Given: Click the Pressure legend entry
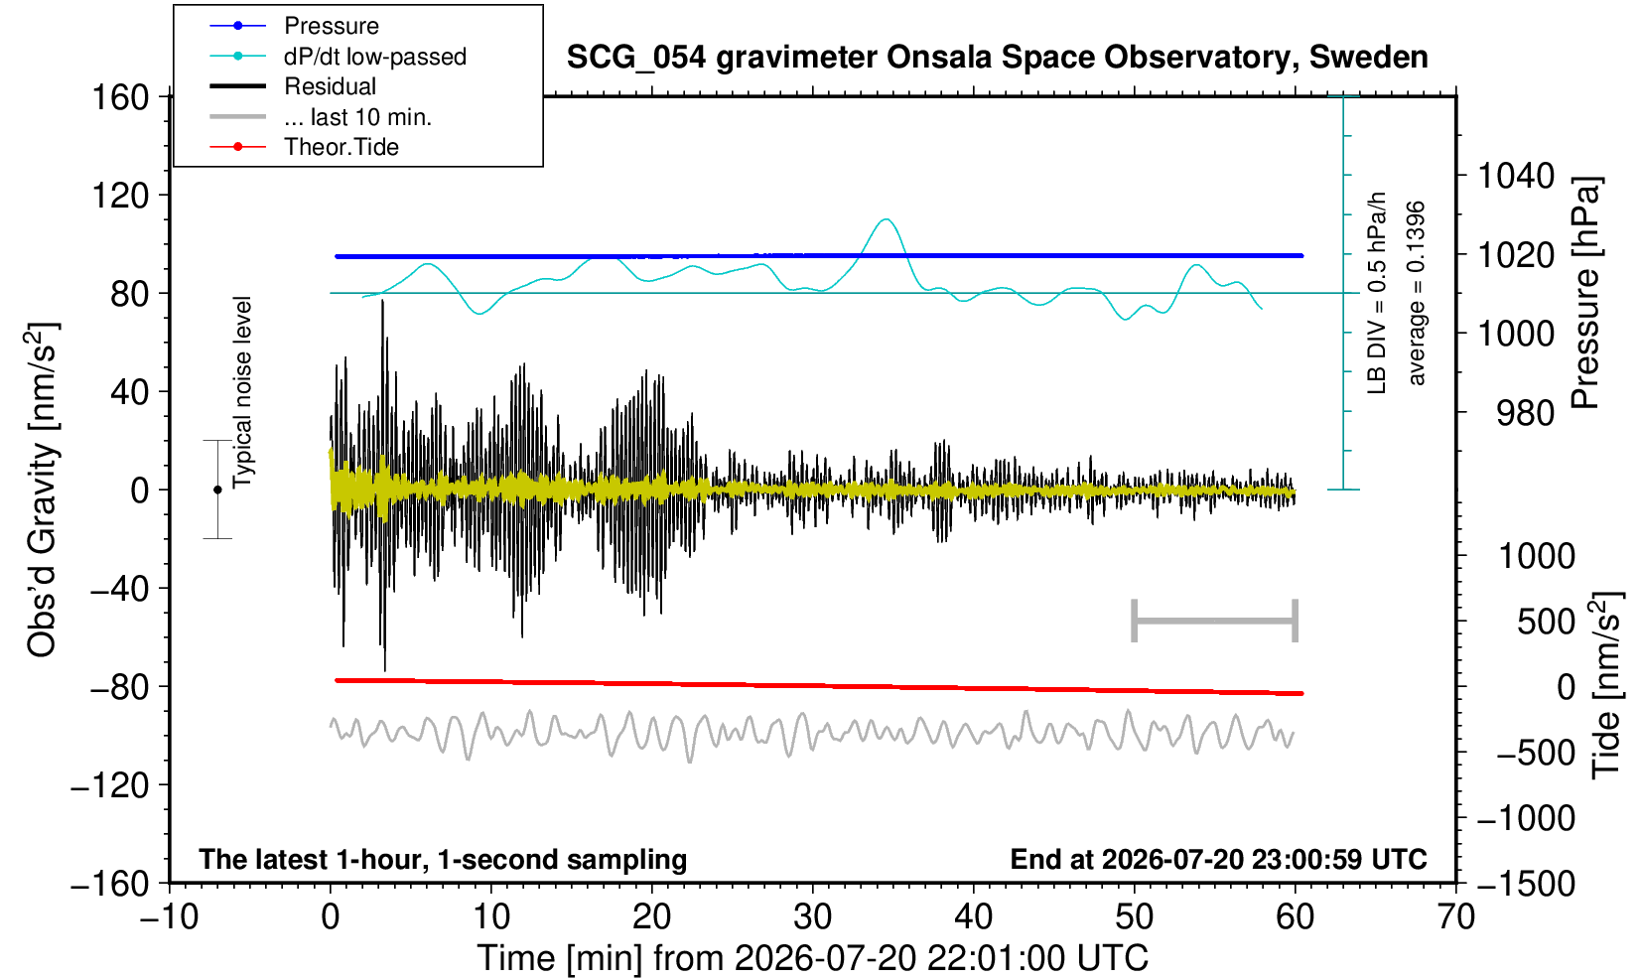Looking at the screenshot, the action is pyautogui.click(x=332, y=27).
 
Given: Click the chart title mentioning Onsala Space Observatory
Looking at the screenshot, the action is pyautogui.click(x=997, y=57).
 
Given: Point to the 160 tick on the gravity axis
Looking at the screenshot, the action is pyautogui.click(x=120, y=97).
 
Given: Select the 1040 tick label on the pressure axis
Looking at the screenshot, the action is pyautogui.click(x=1516, y=176).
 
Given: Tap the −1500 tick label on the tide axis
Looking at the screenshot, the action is pyautogui.click(x=1526, y=884).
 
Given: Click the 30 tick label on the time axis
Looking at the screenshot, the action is pyautogui.click(x=812, y=917).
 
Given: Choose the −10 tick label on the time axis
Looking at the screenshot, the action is pyautogui.click(x=169, y=917).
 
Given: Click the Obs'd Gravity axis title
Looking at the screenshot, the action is pyautogui.click(x=42, y=490).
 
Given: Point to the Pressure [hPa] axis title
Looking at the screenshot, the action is pyautogui.click(x=1586, y=293).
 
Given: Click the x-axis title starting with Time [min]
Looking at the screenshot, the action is pyautogui.click(x=812, y=958).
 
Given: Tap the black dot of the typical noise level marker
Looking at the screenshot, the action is pyautogui.click(x=217, y=490).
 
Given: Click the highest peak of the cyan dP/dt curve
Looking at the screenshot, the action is pyautogui.click(x=887, y=218).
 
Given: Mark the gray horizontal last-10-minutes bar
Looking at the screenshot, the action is pyautogui.click(x=1215, y=621).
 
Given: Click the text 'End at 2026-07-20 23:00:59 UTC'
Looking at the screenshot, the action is pyautogui.click(x=1218, y=859).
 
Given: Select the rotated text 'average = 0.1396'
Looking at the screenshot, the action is pyautogui.click(x=1417, y=293).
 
